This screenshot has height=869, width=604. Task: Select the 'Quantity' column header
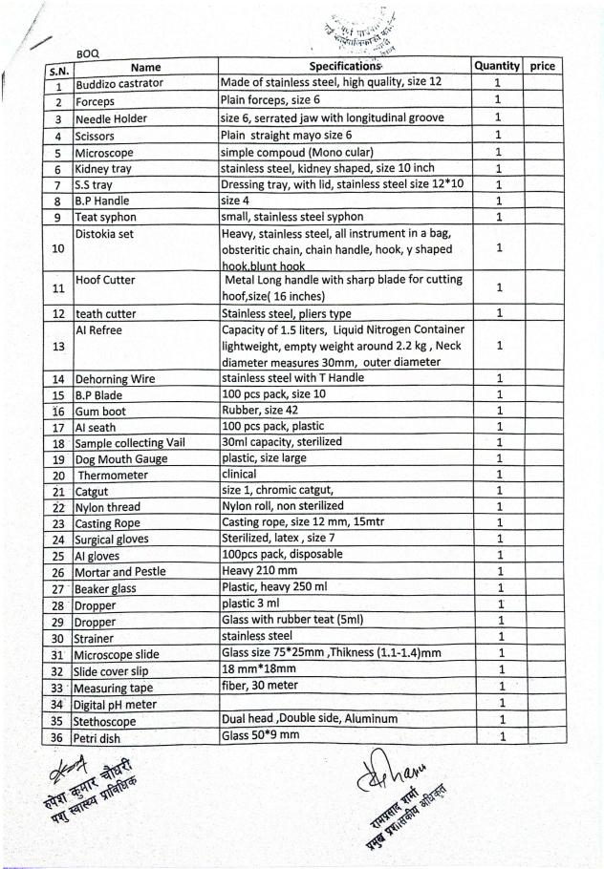click(x=497, y=66)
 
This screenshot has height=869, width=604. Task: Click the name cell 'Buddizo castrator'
click(x=119, y=84)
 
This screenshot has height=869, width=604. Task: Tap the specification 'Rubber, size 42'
click(x=267, y=411)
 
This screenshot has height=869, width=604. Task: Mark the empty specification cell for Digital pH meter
click(x=345, y=705)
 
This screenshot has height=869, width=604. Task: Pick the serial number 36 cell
click(x=58, y=738)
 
